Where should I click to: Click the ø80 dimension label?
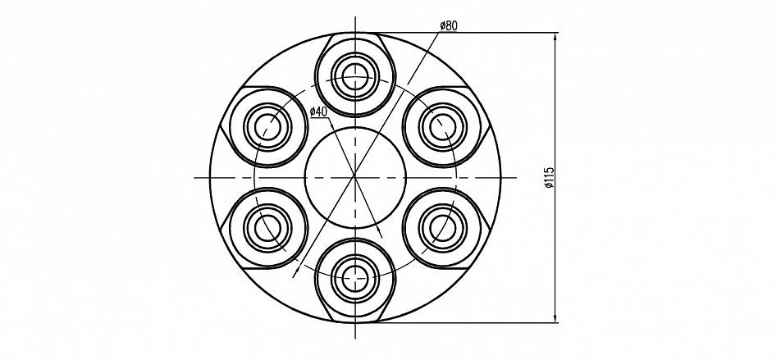click(x=448, y=26)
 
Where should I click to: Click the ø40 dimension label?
click(x=318, y=112)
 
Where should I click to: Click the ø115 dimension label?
click(x=549, y=177)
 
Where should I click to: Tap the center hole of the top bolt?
click(x=355, y=77)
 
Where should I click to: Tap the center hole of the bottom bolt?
click(x=355, y=278)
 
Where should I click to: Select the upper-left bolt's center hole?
click(x=268, y=127)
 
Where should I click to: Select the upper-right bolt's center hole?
click(x=443, y=127)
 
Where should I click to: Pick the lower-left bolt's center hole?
click(x=268, y=228)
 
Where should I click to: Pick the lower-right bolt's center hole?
click(x=443, y=228)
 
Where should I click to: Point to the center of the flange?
click(x=355, y=177)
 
